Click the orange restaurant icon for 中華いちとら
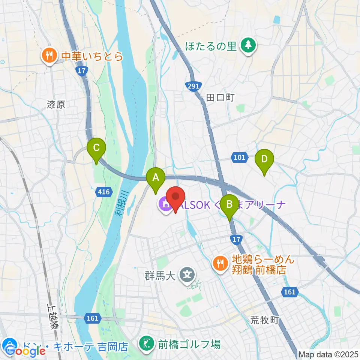click(x=49, y=57)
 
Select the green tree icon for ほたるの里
click(x=248, y=46)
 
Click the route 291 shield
click(x=193, y=86)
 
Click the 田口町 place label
click(x=220, y=97)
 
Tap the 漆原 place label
click(x=56, y=104)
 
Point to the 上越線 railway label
click(x=52, y=316)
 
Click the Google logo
click(x=25, y=351)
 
